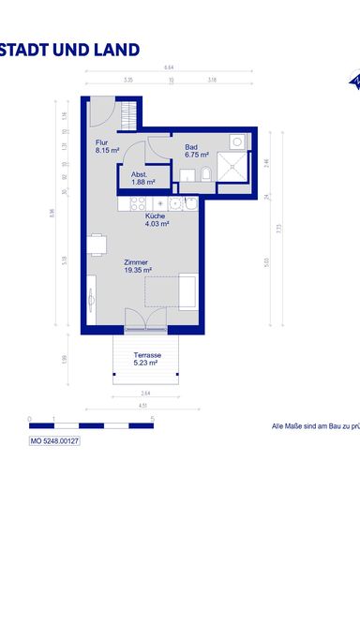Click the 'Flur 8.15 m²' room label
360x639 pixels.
click(x=107, y=146)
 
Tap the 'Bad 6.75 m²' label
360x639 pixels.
click(x=195, y=150)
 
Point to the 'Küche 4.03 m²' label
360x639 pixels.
click(x=157, y=220)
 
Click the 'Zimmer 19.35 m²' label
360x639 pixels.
click(x=137, y=266)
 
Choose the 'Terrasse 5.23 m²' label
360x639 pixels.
click(x=147, y=359)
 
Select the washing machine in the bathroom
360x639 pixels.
click(x=237, y=141)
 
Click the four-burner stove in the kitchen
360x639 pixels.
click(x=137, y=203)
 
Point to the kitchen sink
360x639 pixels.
click(x=162, y=203)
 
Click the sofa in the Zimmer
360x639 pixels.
click(x=187, y=291)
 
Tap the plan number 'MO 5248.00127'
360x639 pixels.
click(x=54, y=440)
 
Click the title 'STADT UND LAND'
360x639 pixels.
click(x=70, y=51)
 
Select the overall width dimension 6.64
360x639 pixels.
click(x=169, y=67)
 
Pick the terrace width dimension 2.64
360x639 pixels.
click(x=145, y=393)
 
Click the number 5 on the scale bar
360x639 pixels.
click(x=152, y=418)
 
